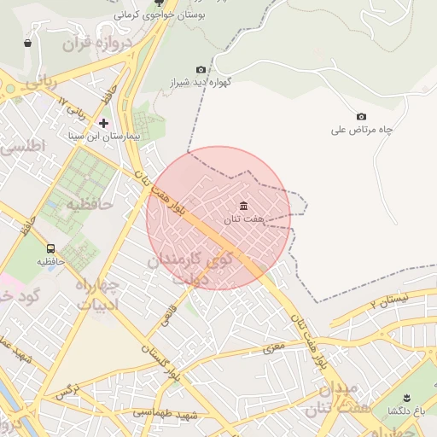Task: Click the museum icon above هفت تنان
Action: tap(244, 207)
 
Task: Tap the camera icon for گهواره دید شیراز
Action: tap(201, 70)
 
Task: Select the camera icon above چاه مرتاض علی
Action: tap(361, 116)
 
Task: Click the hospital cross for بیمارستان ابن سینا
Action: tap(104, 124)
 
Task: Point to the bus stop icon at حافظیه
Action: tap(51, 249)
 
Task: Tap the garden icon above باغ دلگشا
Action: tap(406, 398)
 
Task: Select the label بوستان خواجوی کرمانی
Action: tap(154, 15)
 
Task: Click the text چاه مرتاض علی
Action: tap(362, 130)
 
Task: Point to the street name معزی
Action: tap(273, 347)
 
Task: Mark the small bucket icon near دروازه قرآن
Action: tap(28, 42)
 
